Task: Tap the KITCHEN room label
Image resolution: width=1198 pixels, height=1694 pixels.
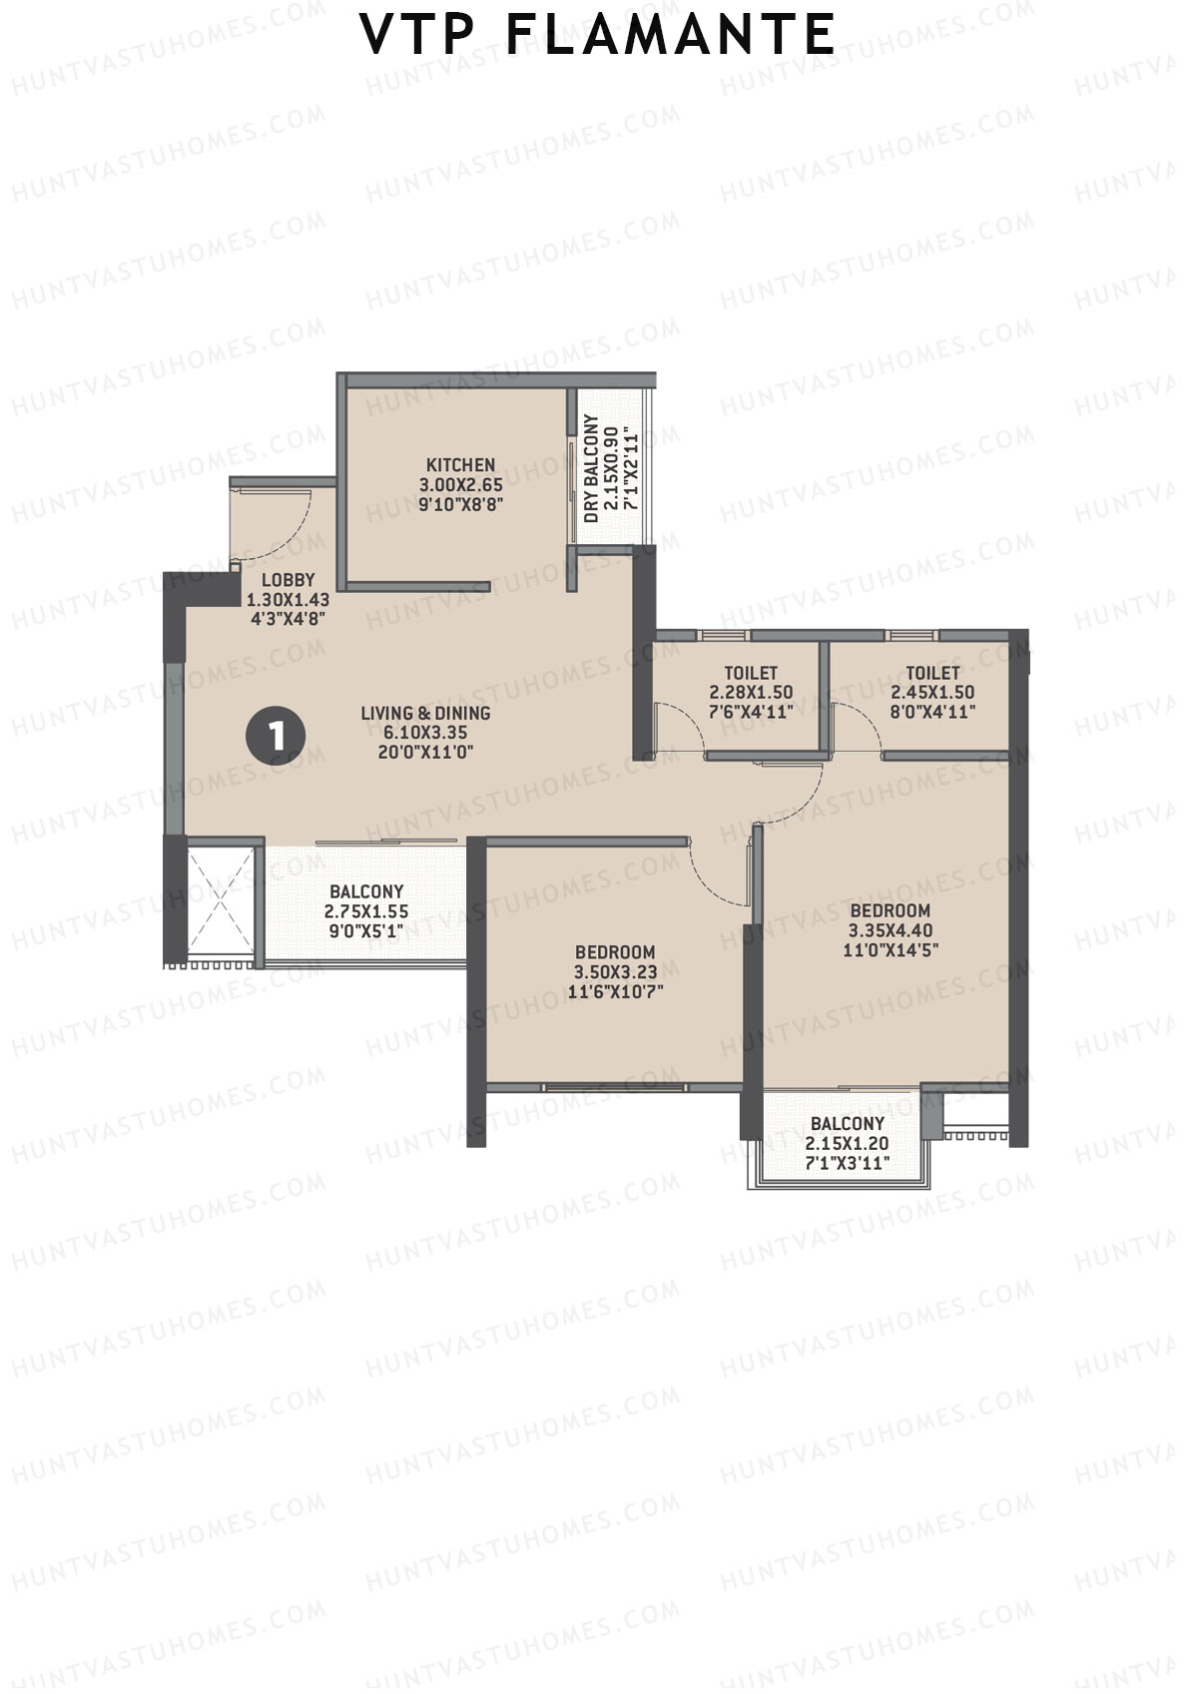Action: tap(460, 465)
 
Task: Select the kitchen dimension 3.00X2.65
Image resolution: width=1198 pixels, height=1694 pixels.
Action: tap(460, 485)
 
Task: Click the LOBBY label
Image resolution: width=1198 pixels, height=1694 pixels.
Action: tap(289, 580)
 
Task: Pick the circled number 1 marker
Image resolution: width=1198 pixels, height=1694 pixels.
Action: tap(275, 736)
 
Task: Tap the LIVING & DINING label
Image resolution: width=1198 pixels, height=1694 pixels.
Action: tap(425, 713)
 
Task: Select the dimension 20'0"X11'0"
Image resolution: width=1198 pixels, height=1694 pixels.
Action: tap(425, 751)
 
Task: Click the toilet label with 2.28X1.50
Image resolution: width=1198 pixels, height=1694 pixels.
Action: tap(751, 673)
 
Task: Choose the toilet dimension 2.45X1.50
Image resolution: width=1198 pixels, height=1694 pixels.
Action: tap(932, 692)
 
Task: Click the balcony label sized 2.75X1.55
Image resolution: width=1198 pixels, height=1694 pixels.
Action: tap(366, 891)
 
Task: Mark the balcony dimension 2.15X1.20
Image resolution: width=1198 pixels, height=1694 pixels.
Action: tap(847, 1144)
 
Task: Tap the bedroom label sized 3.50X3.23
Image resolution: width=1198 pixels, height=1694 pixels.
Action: tap(615, 952)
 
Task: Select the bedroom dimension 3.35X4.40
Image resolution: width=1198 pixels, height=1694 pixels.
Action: tap(890, 930)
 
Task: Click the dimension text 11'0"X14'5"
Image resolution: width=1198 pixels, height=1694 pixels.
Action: tap(890, 949)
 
